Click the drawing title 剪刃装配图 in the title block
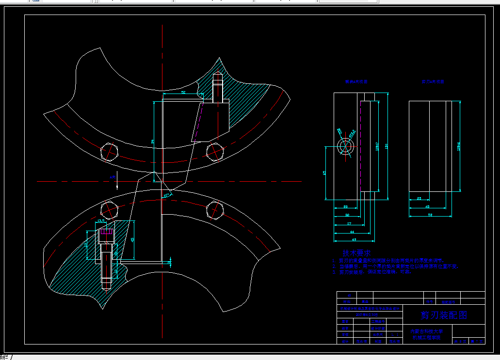click(x=443, y=315)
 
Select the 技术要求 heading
click(x=356, y=253)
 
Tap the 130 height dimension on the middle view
click(x=386, y=146)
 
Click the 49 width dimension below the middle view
click(x=354, y=239)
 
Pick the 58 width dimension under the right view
click(x=430, y=214)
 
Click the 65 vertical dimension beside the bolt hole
click(x=325, y=172)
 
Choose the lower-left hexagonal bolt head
click(x=109, y=210)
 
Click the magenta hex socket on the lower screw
click(x=106, y=232)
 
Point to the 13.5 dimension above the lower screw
click(x=101, y=221)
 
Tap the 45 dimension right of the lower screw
click(x=133, y=239)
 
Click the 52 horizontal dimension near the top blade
click(x=183, y=92)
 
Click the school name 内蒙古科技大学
click(x=427, y=331)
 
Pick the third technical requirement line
click(x=372, y=272)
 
